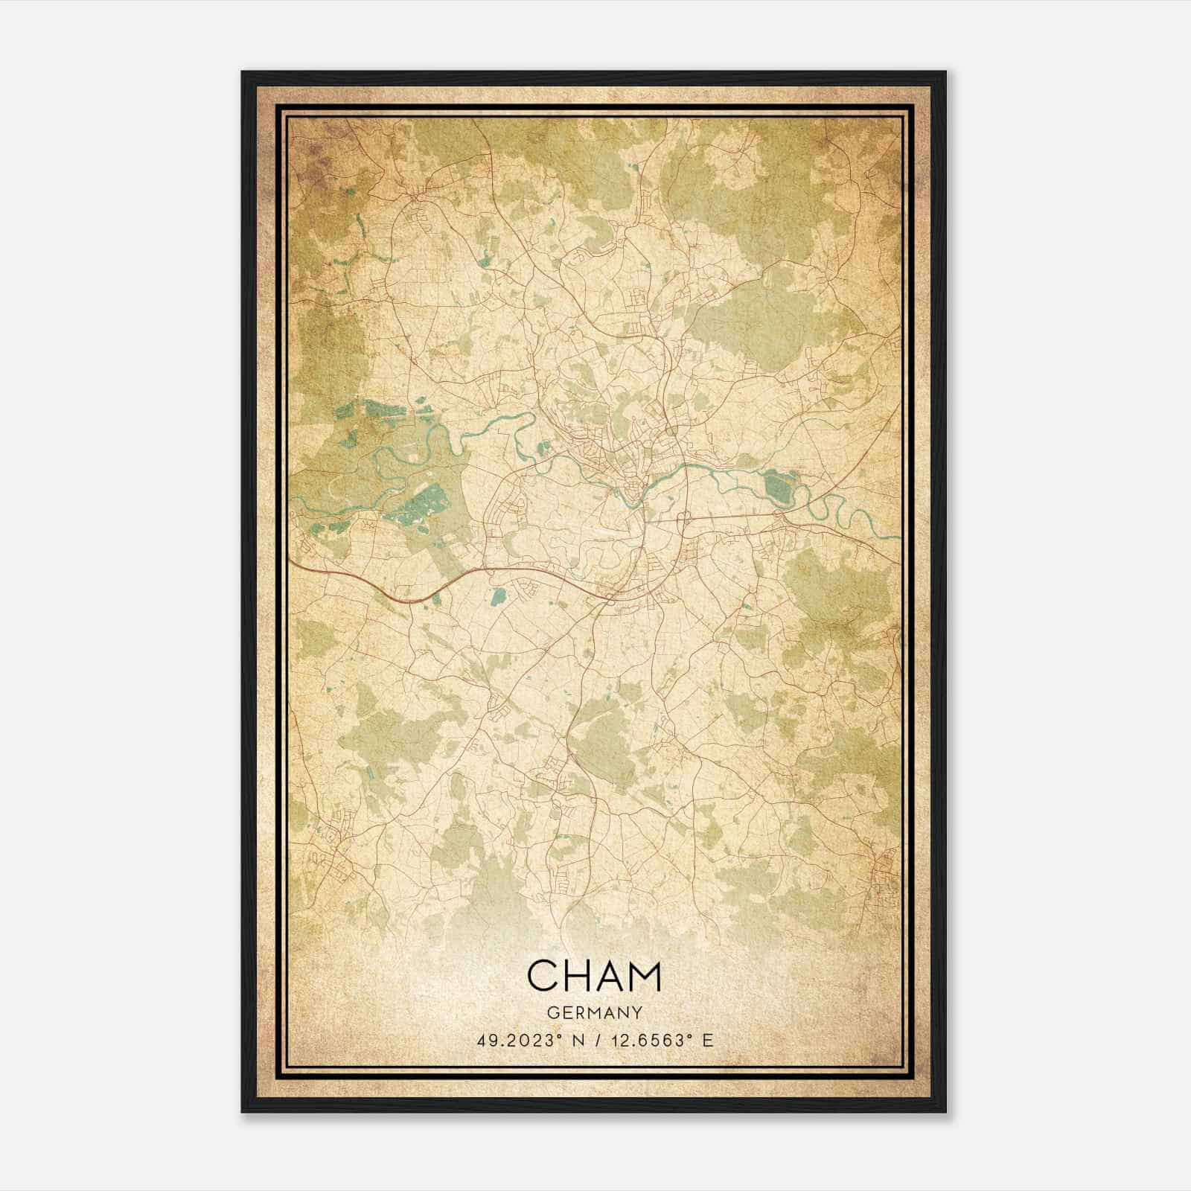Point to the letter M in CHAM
[645, 976]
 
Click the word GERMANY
[594, 1012]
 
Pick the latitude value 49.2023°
[517, 1040]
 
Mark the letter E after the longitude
[707, 1040]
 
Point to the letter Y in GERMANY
[638, 1012]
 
